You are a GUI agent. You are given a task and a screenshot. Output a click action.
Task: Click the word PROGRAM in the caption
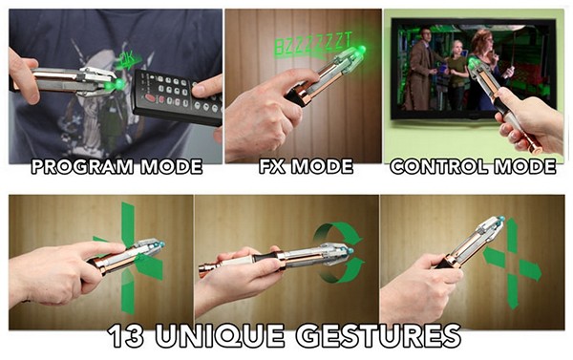(82, 167)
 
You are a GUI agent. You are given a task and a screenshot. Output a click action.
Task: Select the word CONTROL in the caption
(438, 167)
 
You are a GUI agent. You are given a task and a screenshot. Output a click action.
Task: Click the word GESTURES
(378, 336)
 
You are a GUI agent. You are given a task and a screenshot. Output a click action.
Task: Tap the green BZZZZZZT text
(313, 45)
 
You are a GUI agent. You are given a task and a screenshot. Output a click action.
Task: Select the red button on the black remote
(151, 97)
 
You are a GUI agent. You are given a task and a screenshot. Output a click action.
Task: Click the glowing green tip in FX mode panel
(361, 49)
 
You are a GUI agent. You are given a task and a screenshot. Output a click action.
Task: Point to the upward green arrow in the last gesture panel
(512, 234)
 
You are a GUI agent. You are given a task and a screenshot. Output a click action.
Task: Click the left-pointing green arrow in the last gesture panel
(493, 256)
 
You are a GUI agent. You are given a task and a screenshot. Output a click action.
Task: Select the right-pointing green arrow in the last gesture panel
(530, 269)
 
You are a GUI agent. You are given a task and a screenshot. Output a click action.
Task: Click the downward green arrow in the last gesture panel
(512, 291)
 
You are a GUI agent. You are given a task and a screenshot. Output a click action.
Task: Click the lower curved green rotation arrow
(342, 273)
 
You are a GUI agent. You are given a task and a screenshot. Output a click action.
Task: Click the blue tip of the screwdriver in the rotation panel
(350, 251)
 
